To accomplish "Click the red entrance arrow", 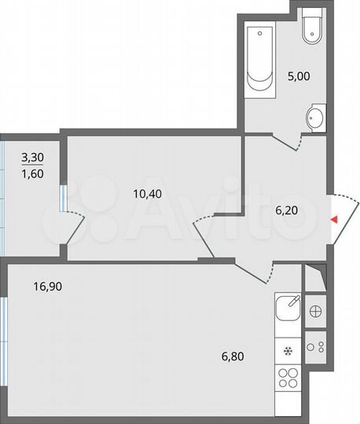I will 334,220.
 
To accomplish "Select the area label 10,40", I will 149,191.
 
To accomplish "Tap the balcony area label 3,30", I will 31,157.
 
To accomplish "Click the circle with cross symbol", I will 315,309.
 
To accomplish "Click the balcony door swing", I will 75,228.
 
